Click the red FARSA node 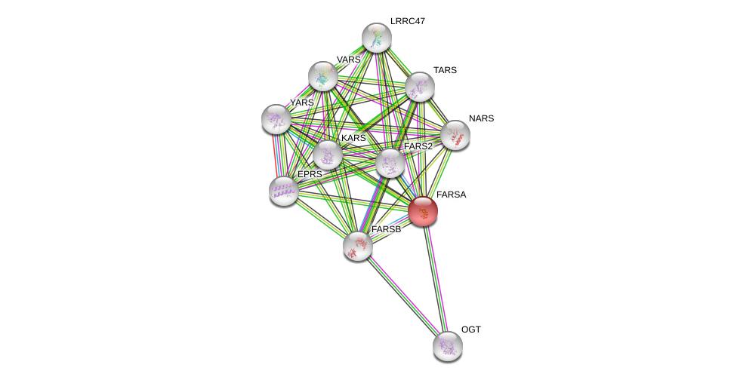coord(423,211)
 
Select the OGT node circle coord(448,346)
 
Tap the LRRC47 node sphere coord(376,38)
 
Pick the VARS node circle coord(323,76)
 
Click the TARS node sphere coord(420,87)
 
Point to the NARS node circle coord(455,135)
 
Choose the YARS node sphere coord(276,119)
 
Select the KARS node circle coord(328,155)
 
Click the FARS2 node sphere coord(390,163)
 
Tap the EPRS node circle coord(284,191)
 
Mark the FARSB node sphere coord(358,246)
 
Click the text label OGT coord(470,329)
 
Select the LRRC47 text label coord(407,21)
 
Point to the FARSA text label coord(451,195)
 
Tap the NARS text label coord(481,118)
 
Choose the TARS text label coord(445,70)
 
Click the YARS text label coord(301,103)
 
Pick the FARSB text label coord(386,229)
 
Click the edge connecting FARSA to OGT coord(436,279)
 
